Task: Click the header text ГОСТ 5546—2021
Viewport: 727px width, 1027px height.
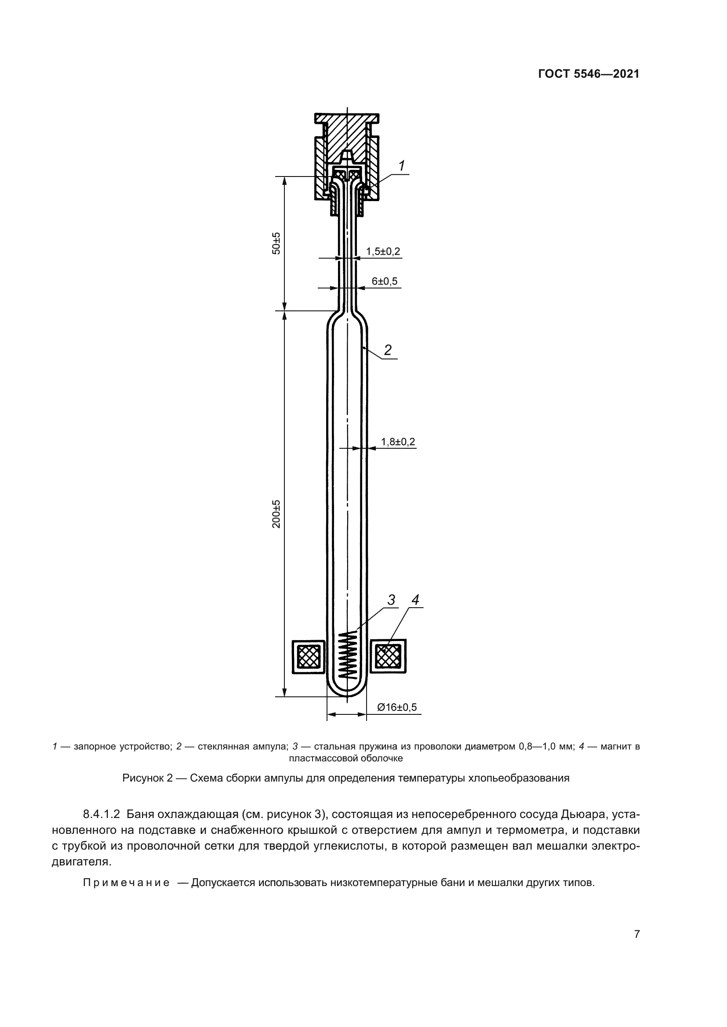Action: pyautogui.click(x=588, y=74)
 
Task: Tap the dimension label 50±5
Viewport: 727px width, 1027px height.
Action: pyautogui.click(x=276, y=243)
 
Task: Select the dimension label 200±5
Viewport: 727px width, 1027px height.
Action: pyautogui.click(x=276, y=514)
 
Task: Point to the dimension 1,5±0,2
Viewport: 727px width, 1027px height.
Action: pyautogui.click(x=383, y=252)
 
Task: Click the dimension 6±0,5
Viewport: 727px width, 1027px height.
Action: pyautogui.click(x=384, y=281)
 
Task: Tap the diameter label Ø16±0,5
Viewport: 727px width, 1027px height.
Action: pyautogui.click(x=396, y=707)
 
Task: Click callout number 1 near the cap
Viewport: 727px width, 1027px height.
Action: pyautogui.click(x=402, y=166)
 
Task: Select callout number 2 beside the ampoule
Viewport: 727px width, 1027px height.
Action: pyautogui.click(x=388, y=350)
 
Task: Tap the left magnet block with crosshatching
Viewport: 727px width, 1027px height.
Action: pyautogui.click(x=309, y=656)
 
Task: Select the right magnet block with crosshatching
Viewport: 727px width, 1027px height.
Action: pyautogui.click(x=388, y=656)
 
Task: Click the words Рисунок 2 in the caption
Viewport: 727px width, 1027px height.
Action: pyautogui.click(x=147, y=778)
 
